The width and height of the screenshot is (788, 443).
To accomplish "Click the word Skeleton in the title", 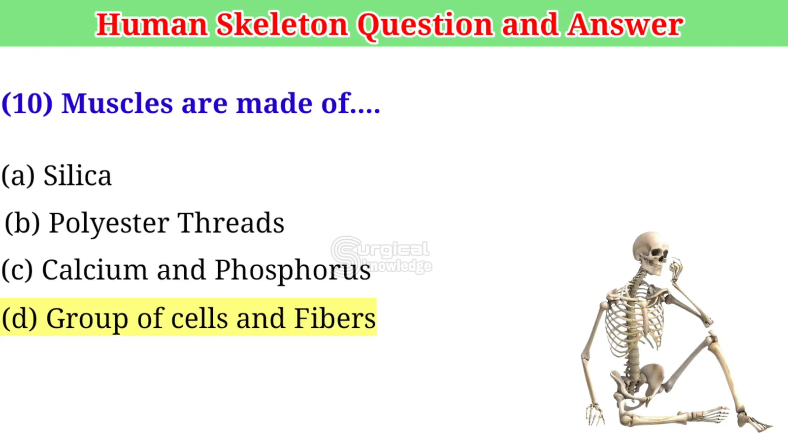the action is click(x=282, y=24).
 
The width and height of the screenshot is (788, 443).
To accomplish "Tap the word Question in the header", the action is click(x=426, y=25).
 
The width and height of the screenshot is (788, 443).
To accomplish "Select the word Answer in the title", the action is click(x=625, y=24).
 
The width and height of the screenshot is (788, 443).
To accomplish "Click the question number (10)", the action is click(x=27, y=103).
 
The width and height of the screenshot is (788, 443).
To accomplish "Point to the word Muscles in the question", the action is click(x=117, y=103).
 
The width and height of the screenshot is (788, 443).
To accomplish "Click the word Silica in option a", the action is click(x=77, y=175).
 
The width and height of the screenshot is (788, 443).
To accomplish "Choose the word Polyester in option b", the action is click(x=109, y=223).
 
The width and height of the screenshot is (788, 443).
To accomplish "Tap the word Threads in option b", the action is click(x=231, y=222).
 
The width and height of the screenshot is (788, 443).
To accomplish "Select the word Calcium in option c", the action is click(x=95, y=270).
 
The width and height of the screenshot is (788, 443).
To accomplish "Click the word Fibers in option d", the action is click(x=335, y=318).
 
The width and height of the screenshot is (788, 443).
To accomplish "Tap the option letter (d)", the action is click(x=19, y=318).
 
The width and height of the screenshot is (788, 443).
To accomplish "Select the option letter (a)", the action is click(x=18, y=175).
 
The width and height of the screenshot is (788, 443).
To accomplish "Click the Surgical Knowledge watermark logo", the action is click(x=381, y=256).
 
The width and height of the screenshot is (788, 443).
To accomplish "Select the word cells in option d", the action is click(x=199, y=318).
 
